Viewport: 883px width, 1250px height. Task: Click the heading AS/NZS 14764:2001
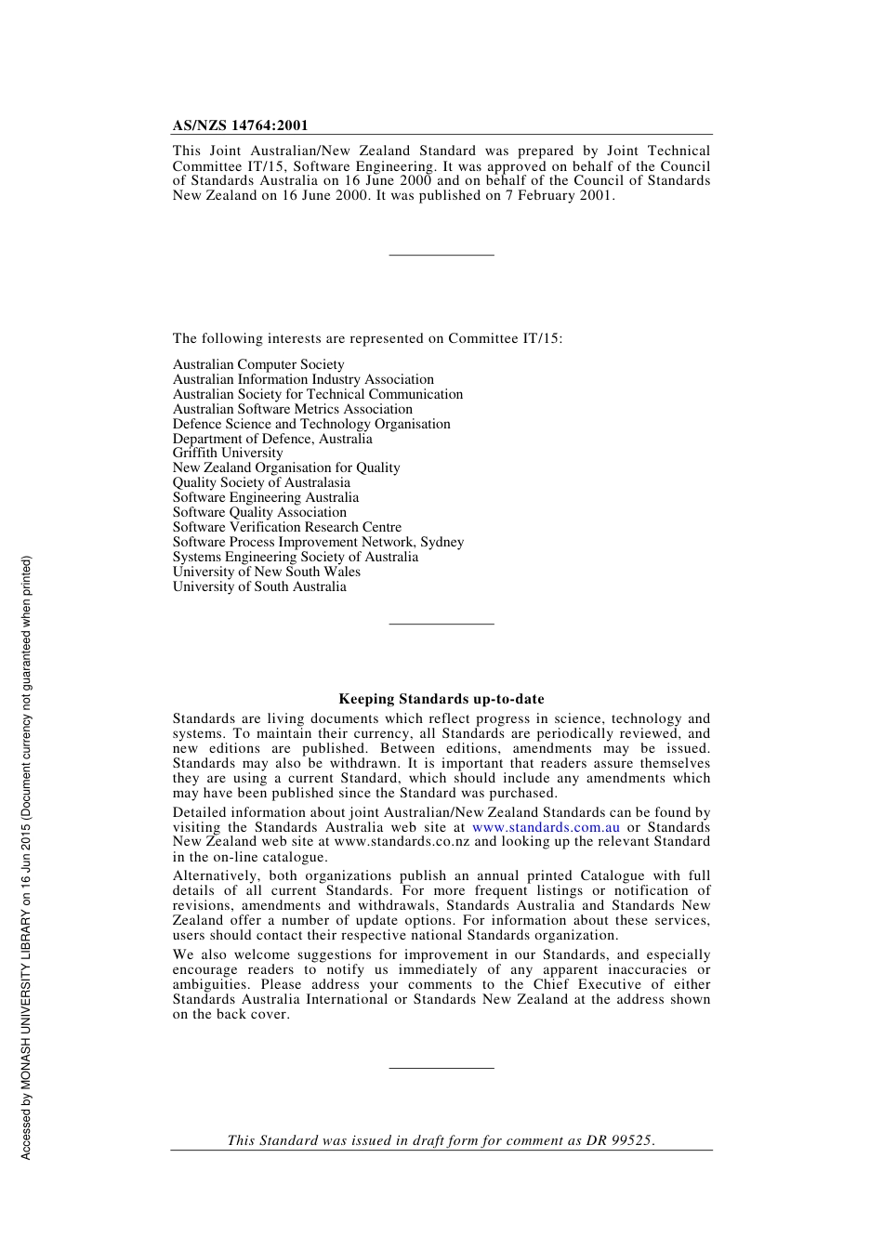click(240, 125)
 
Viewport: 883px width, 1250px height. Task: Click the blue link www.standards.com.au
click(546, 827)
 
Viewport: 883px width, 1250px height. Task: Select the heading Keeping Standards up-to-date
click(441, 699)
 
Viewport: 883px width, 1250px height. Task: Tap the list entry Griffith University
click(228, 454)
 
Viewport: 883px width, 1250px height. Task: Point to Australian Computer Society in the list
click(258, 365)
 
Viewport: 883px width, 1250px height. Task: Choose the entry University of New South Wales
click(266, 572)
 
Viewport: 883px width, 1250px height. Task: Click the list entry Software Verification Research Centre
click(287, 527)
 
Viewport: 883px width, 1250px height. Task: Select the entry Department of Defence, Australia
click(272, 439)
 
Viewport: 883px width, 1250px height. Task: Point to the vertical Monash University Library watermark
click(26, 857)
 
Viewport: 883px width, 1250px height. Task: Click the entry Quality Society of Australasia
click(261, 482)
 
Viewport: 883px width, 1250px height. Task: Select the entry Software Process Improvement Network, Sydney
click(318, 542)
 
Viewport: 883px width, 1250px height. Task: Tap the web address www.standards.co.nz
click(402, 842)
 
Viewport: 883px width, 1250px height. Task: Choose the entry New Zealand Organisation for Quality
click(286, 467)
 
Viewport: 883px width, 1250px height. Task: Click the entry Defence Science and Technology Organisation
click(311, 424)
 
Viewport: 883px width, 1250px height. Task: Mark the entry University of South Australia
click(259, 586)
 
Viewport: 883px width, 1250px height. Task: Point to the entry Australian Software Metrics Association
click(293, 409)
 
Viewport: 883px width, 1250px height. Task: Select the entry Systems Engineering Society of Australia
click(296, 557)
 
